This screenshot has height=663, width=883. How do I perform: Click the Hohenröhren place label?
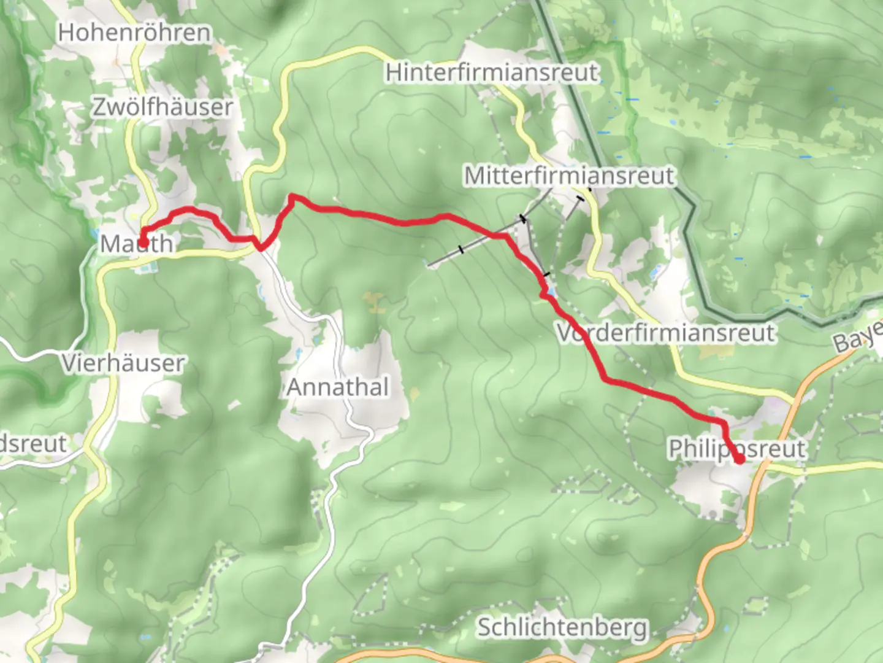pyautogui.click(x=134, y=33)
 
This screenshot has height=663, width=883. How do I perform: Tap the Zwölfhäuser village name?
pyautogui.click(x=162, y=107)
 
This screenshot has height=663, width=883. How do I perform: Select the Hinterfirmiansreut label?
pyautogui.click(x=492, y=72)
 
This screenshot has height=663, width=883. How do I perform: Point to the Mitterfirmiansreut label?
pyautogui.click(x=569, y=176)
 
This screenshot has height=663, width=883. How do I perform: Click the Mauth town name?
pyautogui.click(x=137, y=244)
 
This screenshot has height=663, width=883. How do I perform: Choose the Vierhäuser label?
pyautogui.click(x=123, y=363)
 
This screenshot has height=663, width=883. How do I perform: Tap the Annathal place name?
pyautogui.click(x=338, y=387)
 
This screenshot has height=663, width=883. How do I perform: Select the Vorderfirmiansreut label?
pyautogui.click(x=666, y=333)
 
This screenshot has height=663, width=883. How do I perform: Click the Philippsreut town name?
pyautogui.click(x=736, y=448)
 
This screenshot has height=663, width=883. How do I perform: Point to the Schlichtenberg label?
pyautogui.click(x=562, y=627)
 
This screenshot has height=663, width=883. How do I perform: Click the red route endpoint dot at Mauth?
pyautogui.click(x=142, y=242)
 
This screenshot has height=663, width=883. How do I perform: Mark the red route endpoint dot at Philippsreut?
pyautogui.click(x=740, y=459)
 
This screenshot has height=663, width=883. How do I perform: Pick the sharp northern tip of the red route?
pyautogui.click(x=292, y=196)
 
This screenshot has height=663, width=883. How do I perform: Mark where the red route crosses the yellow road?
pyautogui.click(x=261, y=247)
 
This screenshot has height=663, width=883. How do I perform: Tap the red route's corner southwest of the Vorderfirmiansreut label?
pyautogui.click(x=606, y=380)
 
